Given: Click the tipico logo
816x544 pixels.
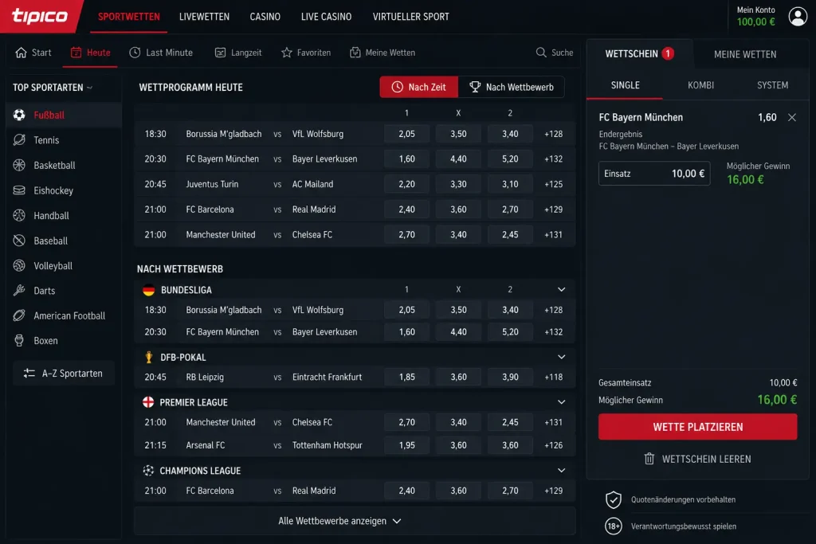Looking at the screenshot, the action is pyautogui.click(x=40, y=16).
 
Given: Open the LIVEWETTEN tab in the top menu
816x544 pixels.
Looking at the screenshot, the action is pyautogui.click(x=204, y=17).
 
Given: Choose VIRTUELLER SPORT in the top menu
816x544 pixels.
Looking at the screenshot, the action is pyautogui.click(x=410, y=17).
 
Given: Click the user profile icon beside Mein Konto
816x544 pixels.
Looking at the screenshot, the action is pyautogui.click(x=797, y=16).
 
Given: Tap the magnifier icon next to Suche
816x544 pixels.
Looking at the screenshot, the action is pyautogui.click(x=541, y=53).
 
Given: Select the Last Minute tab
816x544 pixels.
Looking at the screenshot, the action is pyautogui.click(x=161, y=53).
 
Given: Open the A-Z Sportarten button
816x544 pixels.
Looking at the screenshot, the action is pyautogui.click(x=64, y=373).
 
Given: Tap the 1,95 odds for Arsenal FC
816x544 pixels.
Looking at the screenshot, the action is pyautogui.click(x=407, y=445).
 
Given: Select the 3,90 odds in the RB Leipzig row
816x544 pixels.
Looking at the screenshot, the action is pyautogui.click(x=510, y=377).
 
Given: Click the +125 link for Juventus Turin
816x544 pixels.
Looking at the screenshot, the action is pyautogui.click(x=553, y=184).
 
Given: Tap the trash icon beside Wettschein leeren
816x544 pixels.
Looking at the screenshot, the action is pyautogui.click(x=649, y=459).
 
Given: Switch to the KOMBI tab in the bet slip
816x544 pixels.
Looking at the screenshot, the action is pyautogui.click(x=700, y=85).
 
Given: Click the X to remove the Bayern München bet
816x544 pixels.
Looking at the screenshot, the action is pyautogui.click(x=791, y=118).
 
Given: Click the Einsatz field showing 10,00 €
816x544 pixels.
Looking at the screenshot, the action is pyautogui.click(x=654, y=174).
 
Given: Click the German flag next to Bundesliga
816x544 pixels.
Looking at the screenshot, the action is pyautogui.click(x=149, y=290).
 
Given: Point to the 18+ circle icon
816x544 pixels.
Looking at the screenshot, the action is pyautogui.click(x=614, y=526).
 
